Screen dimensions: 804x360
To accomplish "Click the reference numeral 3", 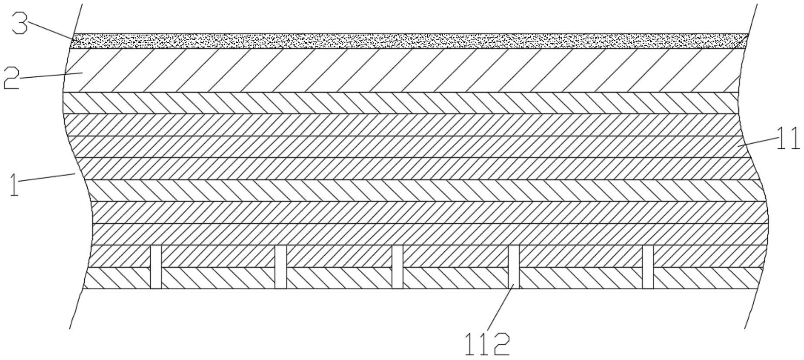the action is pyautogui.click(x=19, y=23).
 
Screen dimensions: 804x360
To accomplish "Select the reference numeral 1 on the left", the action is pyautogui.click(x=14, y=184).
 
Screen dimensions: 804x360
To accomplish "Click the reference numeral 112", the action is pyautogui.click(x=487, y=344).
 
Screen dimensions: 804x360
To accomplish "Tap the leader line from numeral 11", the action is pyautogui.click(x=757, y=142).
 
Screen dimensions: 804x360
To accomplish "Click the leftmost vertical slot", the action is pyautogui.click(x=156, y=267).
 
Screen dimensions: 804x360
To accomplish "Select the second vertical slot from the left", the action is pyautogui.click(x=281, y=267).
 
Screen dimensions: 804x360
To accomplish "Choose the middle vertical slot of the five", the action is pyautogui.click(x=397, y=267).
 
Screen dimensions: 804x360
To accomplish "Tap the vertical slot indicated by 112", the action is pyautogui.click(x=514, y=267).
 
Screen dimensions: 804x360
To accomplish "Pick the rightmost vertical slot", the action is pyautogui.click(x=648, y=267).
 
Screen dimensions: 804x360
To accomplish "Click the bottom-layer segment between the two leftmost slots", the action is pyautogui.click(x=218, y=278).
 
